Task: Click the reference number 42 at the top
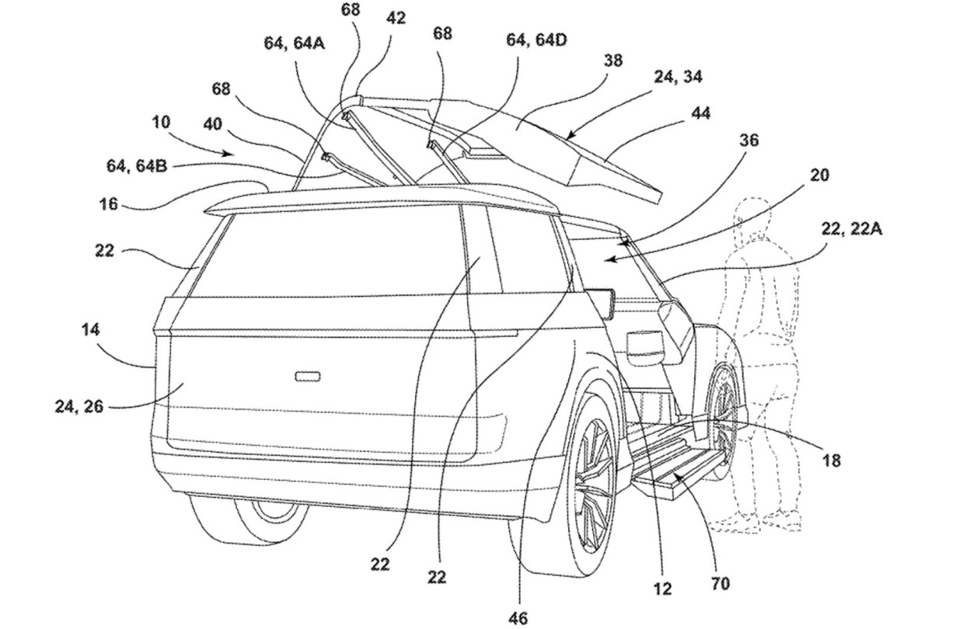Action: (x=396, y=17)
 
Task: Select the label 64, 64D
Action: (x=536, y=40)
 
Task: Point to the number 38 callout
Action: (x=613, y=60)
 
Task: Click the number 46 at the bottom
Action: (x=518, y=618)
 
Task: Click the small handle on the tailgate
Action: (x=308, y=377)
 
